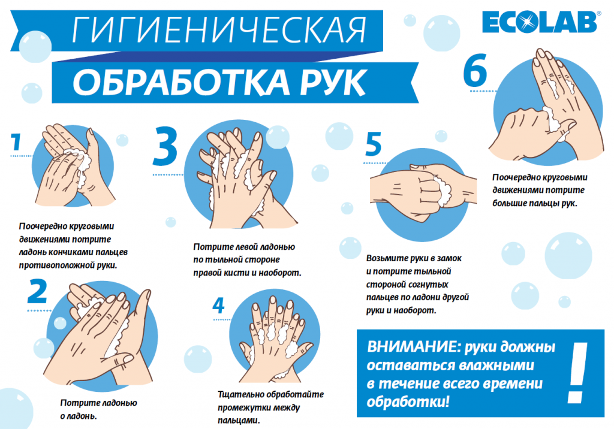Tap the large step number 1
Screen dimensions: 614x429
click(x=16, y=142)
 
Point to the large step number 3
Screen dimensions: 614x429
click(x=165, y=146)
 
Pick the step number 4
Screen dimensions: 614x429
click(x=218, y=306)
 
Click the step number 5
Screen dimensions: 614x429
click(x=373, y=144)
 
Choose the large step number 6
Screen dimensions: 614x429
click(x=475, y=70)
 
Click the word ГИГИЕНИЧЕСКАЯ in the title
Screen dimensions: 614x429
click(x=219, y=29)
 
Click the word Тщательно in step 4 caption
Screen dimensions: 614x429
click(x=237, y=395)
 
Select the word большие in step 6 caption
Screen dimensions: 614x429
click(x=510, y=204)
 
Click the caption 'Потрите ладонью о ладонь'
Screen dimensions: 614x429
click(x=99, y=409)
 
